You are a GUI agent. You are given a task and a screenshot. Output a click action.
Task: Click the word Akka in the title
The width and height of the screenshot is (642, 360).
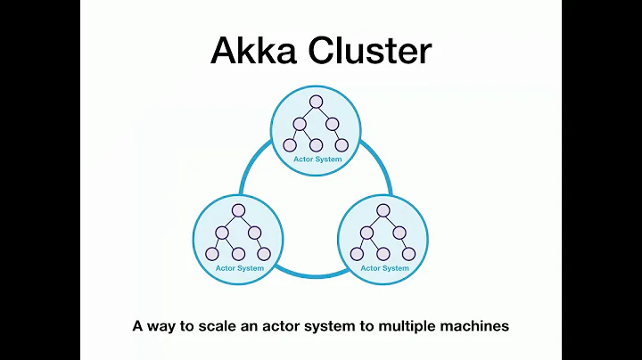point(251,51)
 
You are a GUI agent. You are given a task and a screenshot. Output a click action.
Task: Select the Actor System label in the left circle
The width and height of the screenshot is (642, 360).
point(239,267)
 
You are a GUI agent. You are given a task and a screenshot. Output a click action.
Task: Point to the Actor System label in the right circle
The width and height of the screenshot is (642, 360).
point(384,267)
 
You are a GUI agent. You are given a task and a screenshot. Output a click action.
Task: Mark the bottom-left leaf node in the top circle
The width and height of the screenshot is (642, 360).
point(289,145)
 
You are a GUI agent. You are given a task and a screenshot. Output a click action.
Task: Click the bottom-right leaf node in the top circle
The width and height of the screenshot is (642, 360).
point(342,145)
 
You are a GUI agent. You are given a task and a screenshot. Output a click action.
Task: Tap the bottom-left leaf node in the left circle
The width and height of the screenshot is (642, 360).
point(212,253)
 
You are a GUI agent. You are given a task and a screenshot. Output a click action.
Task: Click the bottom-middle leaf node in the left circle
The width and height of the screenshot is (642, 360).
point(238,253)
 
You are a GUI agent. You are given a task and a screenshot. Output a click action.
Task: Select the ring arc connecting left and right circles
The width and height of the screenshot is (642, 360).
point(312,271)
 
